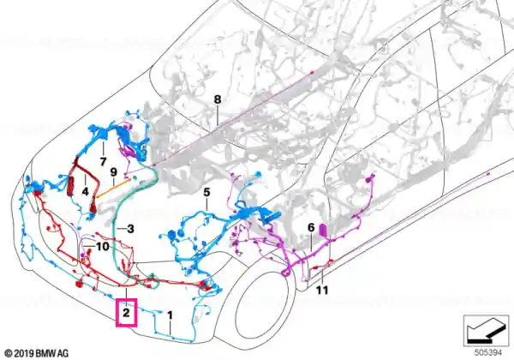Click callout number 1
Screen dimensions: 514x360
tap(170, 315)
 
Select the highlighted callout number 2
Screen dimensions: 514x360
tap(127, 313)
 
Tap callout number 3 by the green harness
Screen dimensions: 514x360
tap(130, 229)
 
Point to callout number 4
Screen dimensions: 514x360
tap(85, 191)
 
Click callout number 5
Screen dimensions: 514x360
tap(206, 192)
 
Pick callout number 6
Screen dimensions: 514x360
tap(311, 227)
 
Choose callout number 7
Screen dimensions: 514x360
tap(104, 161)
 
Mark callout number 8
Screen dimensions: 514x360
tap(218, 99)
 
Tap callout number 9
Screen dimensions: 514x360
tap(113, 172)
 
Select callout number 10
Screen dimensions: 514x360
tap(102, 246)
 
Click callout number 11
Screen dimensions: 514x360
tap(322, 291)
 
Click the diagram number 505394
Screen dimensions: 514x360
tap(488, 353)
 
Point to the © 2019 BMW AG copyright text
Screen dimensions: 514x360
tap(37, 353)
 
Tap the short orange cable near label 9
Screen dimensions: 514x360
tap(113, 189)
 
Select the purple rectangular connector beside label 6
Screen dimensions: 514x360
tap(323, 230)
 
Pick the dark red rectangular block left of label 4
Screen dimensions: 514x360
tap(70, 187)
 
